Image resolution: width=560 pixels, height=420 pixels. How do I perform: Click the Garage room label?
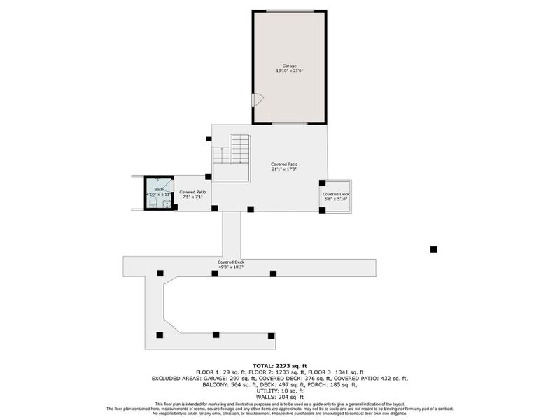point(289,66)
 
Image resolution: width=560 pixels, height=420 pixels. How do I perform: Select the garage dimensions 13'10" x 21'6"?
point(289,71)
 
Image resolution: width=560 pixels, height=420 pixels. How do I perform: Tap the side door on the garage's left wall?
point(257,100)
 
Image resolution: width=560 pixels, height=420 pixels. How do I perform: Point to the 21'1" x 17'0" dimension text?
point(285,169)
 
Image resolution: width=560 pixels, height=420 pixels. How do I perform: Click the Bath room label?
point(158,190)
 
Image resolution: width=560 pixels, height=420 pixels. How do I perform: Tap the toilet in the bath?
point(152,202)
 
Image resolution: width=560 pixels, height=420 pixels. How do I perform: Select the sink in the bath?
point(167,204)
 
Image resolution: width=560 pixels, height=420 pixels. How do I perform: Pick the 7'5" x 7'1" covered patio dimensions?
point(192,197)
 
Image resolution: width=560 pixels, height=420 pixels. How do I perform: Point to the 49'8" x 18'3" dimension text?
point(230,267)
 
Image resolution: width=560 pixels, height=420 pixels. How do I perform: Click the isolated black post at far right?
point(433,249)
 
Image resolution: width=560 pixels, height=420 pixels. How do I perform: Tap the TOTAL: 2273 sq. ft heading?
point(280,365)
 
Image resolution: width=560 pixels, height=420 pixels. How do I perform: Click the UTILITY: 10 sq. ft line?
point(280,391)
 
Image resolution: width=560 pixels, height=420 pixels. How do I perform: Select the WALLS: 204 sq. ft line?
point(280,397)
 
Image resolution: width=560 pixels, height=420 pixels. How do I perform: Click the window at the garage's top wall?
point(289,10)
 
